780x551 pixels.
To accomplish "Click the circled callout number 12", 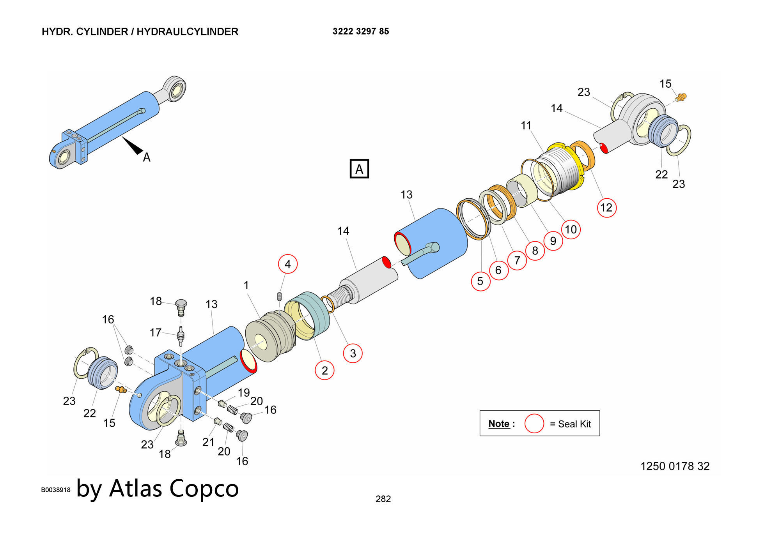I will click(606, 207).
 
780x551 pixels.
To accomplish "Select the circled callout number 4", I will click(288, 264).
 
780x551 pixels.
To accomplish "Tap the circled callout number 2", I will click(324, 370).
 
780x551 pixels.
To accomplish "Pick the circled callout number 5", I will click(480, 281).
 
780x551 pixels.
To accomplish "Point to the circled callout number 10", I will click(571, 229).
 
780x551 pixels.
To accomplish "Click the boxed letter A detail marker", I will click(359, 169).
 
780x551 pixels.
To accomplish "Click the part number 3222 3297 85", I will click(361, 32).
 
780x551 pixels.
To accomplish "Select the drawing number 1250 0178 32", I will click(675, 466).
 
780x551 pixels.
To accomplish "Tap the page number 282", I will click(383, 499).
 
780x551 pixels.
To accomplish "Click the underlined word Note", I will click(499, 424).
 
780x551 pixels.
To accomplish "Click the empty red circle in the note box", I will click(534, 424).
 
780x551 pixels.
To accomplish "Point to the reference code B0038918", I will click(56, 490).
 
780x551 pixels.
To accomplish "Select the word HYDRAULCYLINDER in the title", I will click(187, 32).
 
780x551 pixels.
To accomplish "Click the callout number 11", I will click(526, 125).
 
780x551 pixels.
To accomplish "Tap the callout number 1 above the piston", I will click(246, 285).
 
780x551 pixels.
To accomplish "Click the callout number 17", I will click(155, 332).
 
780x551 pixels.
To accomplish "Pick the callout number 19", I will click(244, 392).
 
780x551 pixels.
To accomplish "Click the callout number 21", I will click(208, 442).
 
